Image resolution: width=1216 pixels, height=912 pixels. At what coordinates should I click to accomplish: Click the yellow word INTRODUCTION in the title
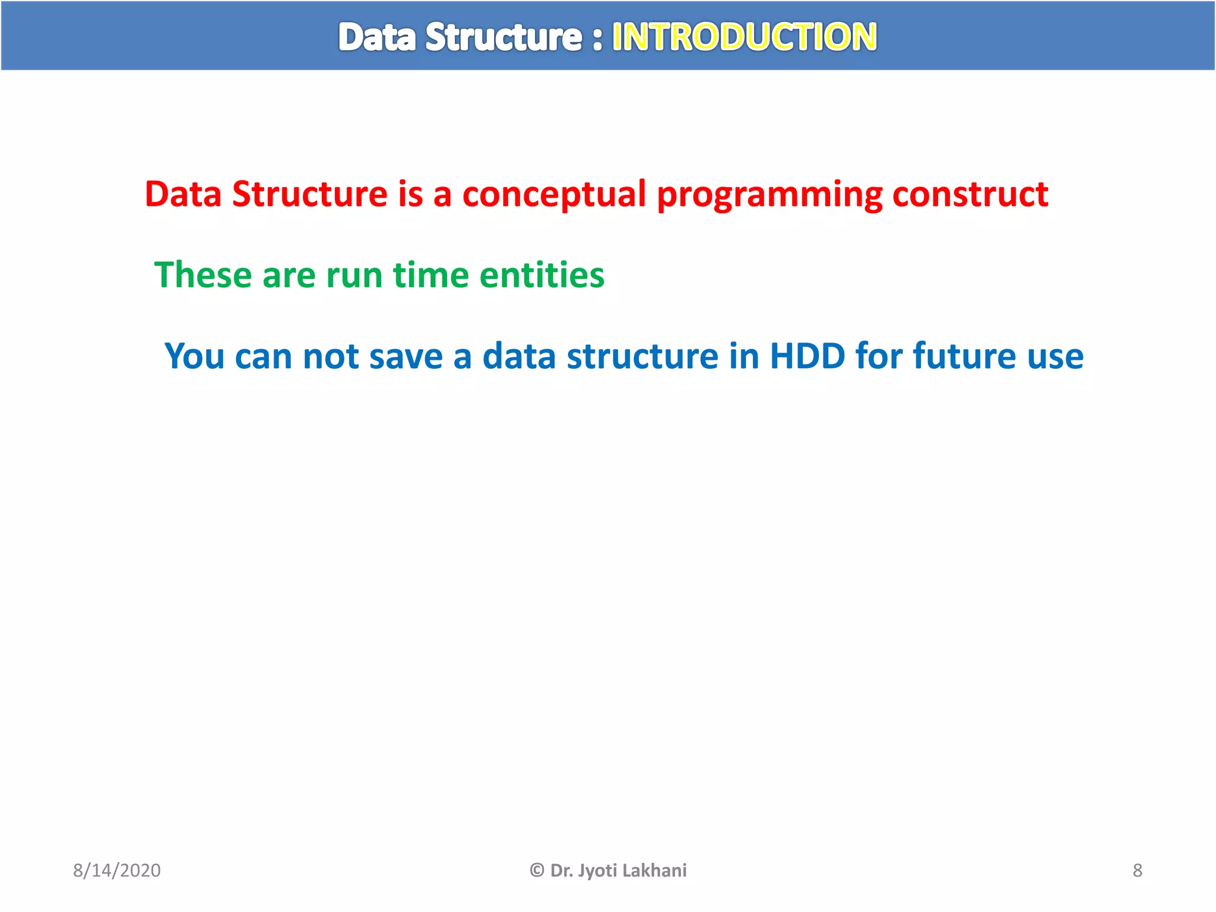pos(744,37)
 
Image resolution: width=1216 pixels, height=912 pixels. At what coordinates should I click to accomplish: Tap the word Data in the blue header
pos(377,37)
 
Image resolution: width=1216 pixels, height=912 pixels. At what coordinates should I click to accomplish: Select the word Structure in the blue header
pos(503,37)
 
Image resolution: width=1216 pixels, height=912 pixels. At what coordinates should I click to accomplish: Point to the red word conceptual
pos(554,195)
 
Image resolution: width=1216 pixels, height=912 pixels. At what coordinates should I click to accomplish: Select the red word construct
pos(970,194)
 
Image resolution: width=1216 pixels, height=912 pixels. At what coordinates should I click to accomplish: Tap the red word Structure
pos(310,194)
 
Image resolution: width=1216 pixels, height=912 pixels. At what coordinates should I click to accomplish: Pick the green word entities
pos(541,275)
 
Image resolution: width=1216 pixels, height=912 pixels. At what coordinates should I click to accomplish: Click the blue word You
pos(194,356)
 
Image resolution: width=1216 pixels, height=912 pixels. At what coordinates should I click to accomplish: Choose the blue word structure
pos(642,356)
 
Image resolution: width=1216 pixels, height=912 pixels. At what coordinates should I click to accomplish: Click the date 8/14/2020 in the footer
pos(117,870)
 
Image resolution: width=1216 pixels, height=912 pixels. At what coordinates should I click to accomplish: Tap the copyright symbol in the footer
pos(537,870)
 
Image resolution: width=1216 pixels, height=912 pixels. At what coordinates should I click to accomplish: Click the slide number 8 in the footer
pos(1137,870)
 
